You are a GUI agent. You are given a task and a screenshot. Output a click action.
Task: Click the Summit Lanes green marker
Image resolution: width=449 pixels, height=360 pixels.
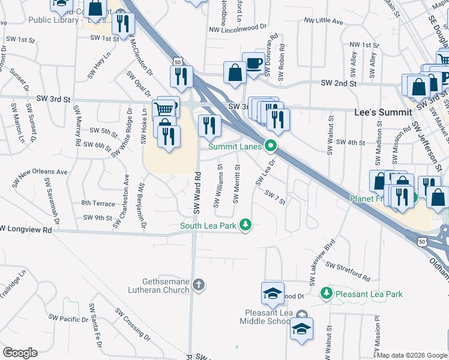[271, 145]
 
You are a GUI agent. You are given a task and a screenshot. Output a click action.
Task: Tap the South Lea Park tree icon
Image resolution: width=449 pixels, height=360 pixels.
[245, 225]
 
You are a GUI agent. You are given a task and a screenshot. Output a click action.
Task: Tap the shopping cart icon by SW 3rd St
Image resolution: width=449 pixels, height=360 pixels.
[164, 109]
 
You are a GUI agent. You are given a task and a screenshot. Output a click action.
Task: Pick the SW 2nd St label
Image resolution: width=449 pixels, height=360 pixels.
[339, 83]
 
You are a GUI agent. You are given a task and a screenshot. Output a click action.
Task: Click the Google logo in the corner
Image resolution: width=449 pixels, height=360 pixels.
[20, 353]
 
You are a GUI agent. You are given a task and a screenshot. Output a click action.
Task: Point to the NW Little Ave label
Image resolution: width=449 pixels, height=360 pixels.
[323, 21]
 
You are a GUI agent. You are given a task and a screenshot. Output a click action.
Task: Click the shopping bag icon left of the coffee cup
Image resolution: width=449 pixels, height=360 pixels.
[234, 73]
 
